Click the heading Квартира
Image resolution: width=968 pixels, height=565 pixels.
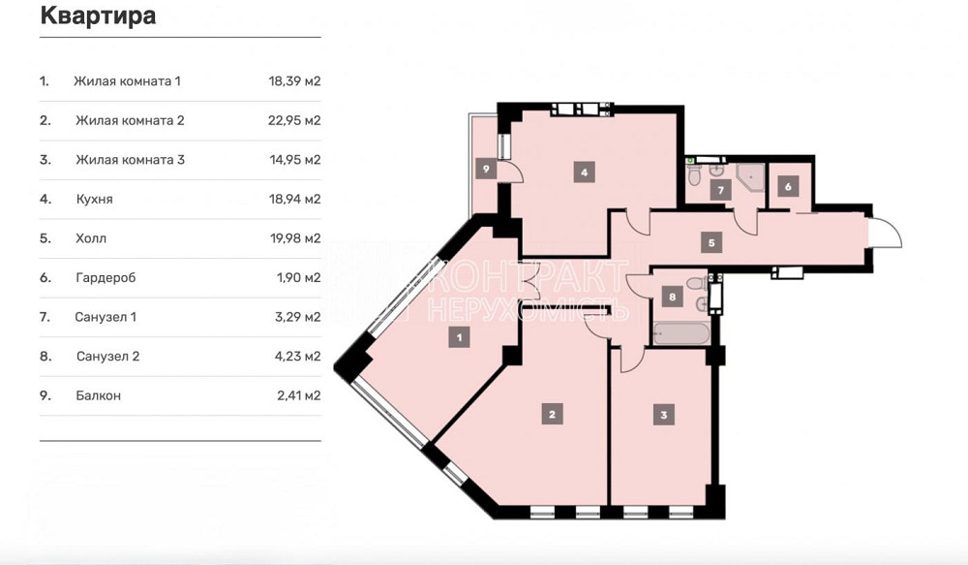coord(98,16)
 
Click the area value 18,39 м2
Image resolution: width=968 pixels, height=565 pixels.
coord(294,81)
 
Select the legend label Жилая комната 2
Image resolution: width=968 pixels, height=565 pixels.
coord(130,121)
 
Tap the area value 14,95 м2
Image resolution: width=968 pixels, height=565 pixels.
coord(294,160)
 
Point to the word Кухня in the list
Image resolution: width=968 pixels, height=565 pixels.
coord(94,200)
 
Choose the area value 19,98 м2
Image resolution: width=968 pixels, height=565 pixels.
coord(294,238)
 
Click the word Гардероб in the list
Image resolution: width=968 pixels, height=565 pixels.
coord(105,278)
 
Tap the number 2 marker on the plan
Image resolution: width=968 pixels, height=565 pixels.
coord(552,415)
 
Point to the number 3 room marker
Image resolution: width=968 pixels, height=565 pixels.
coord(663,416)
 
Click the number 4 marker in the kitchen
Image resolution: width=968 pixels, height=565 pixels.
coord(584,173)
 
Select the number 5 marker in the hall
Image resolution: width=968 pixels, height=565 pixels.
coord(711,242)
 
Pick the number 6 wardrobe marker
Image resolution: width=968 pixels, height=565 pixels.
coord(788,187)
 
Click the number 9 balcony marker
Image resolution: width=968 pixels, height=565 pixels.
coord(486,169)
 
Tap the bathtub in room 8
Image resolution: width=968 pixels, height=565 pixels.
coord(681,334)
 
